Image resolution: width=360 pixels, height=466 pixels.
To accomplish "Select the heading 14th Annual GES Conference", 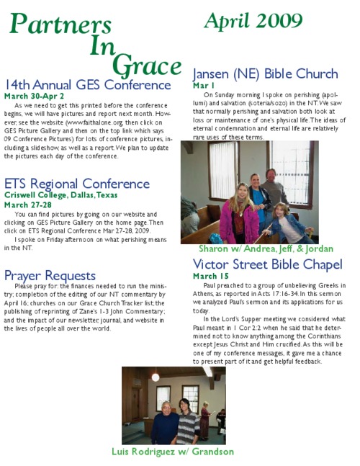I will tap(87, 86).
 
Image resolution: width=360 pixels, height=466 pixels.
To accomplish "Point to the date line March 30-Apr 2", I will tap(34, 97).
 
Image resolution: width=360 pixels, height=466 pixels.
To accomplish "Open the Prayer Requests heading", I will tap(50, 275).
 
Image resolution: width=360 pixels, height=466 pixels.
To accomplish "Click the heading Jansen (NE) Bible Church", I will tap(265, 74).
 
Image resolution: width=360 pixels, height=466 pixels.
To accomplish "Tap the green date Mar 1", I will tap(204, 85).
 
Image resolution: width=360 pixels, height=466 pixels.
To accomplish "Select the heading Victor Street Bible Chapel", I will tap(267, 264).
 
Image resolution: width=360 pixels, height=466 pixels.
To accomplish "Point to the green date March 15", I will tap(211, 276).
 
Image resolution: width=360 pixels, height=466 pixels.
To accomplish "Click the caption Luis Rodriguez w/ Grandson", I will tap(173, 452).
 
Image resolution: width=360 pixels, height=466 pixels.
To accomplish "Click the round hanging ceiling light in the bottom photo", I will tap(156, 377).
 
